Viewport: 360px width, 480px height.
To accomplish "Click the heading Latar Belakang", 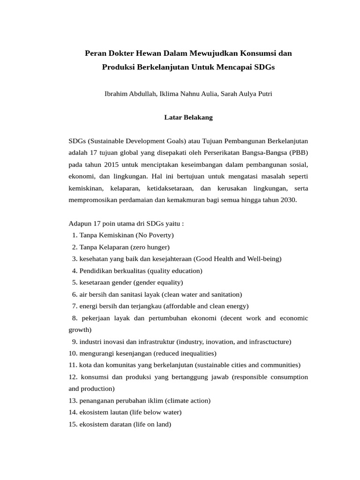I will click(188, 117).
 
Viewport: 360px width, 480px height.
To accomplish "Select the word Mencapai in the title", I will click(235, 67).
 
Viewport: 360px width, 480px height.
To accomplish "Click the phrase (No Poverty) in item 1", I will click(155, 235).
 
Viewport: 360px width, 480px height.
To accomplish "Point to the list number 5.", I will click(75, 282).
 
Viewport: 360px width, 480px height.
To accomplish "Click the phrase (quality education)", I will click(175, 270).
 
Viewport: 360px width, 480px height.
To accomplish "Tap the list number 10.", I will click(72, 353).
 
